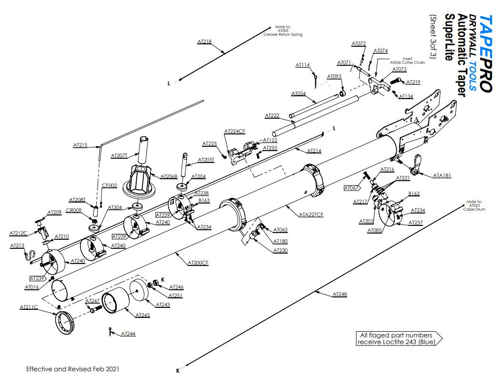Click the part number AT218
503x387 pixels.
click(204, 41)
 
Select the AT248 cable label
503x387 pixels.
click(340, 294)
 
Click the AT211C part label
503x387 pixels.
click(29, 307)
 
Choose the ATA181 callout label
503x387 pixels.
click(442, 175)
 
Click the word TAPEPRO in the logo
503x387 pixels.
click(484, 52)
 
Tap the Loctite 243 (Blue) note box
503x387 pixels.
click(397, 338)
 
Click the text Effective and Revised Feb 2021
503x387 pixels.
click(72, 369)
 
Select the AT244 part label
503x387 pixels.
click(128, 334)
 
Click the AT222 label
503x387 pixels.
click(272, 116)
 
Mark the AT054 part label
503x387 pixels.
click(298, 93)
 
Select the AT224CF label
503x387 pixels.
click(235, 131)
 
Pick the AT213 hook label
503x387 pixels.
click(17, 245)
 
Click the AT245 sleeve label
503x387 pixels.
click(142, 315)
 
